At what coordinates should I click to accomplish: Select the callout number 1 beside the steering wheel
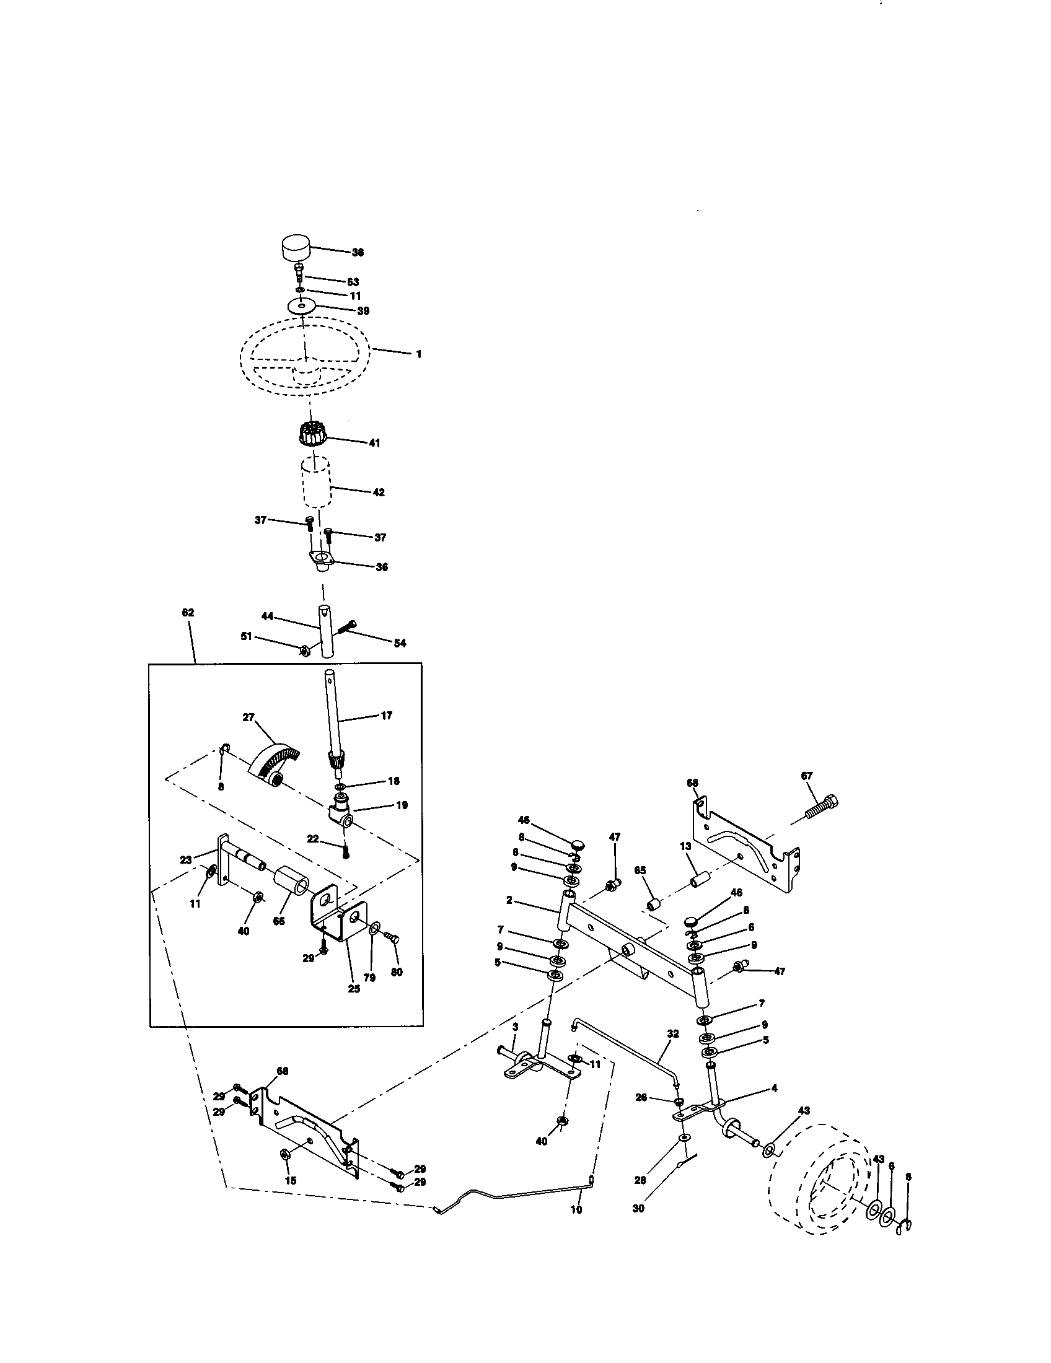(x=419, y=354)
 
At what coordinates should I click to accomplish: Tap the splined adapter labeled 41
(x=310, y=432)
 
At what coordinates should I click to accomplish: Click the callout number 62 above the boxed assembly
(x=188, y=613)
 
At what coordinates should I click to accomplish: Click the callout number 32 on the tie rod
(x=672, y=1033)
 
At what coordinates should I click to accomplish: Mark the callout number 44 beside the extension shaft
(x=267, y=616)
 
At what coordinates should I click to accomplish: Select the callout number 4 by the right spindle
(x=774, y=1088)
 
